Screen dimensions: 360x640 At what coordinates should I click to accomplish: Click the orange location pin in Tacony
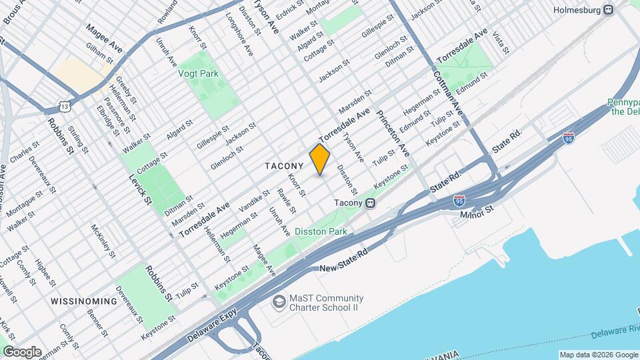pyautogui.click(x=320, y=159)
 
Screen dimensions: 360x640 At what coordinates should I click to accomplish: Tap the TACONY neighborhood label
pyautogui.click(x=284, y=165)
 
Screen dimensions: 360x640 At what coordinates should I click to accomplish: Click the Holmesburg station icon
pyautogui.click(x=608, y=10)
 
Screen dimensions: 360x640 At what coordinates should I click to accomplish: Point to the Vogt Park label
pyautogui.click(x=194, y=75)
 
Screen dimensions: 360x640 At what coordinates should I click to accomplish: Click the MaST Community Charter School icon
pyautogui.click(x=277, y=303)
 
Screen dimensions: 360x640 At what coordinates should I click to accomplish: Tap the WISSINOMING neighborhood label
pyautogui.click(x=83, y=301)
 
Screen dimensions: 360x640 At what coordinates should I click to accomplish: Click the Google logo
pyautogui.click(x=22, y=351)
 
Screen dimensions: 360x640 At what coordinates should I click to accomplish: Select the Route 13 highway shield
pyautogui.click(x=64, y=107)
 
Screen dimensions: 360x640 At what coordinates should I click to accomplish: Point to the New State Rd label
pyautogui.click(x=344, y=260)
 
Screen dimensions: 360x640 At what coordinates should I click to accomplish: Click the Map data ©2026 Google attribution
pyautogui.click(x=599, y=355)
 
